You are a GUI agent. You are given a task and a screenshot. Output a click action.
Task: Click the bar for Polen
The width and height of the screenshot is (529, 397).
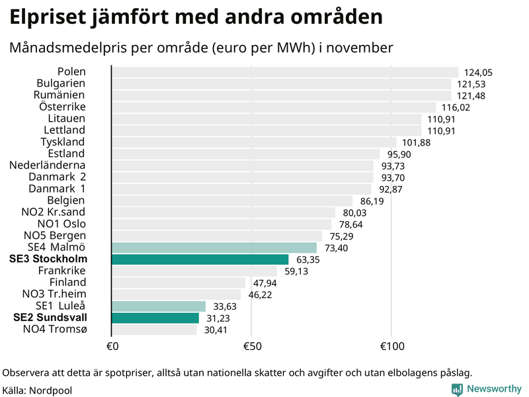284,72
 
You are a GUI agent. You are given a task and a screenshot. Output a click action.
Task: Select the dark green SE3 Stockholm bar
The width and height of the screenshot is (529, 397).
200,259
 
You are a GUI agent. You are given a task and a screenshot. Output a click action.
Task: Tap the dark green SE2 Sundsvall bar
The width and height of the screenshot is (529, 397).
155,318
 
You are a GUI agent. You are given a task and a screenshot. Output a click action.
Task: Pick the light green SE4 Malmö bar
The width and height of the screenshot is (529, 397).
214,247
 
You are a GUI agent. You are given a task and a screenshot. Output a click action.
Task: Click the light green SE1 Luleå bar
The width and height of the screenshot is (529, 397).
159,306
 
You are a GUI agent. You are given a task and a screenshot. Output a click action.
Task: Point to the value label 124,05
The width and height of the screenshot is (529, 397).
479,73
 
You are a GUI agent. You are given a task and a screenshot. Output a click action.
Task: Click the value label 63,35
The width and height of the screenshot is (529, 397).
309,259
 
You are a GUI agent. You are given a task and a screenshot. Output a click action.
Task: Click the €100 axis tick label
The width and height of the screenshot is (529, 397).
391,347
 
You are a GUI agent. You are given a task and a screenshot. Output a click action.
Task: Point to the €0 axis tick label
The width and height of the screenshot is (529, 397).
112,347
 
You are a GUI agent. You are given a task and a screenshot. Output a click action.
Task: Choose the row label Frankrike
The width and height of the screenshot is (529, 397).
62,271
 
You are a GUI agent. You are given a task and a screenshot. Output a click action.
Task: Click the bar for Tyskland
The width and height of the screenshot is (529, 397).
254,142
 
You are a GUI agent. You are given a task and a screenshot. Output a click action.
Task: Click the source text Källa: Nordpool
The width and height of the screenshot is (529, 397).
37,390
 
